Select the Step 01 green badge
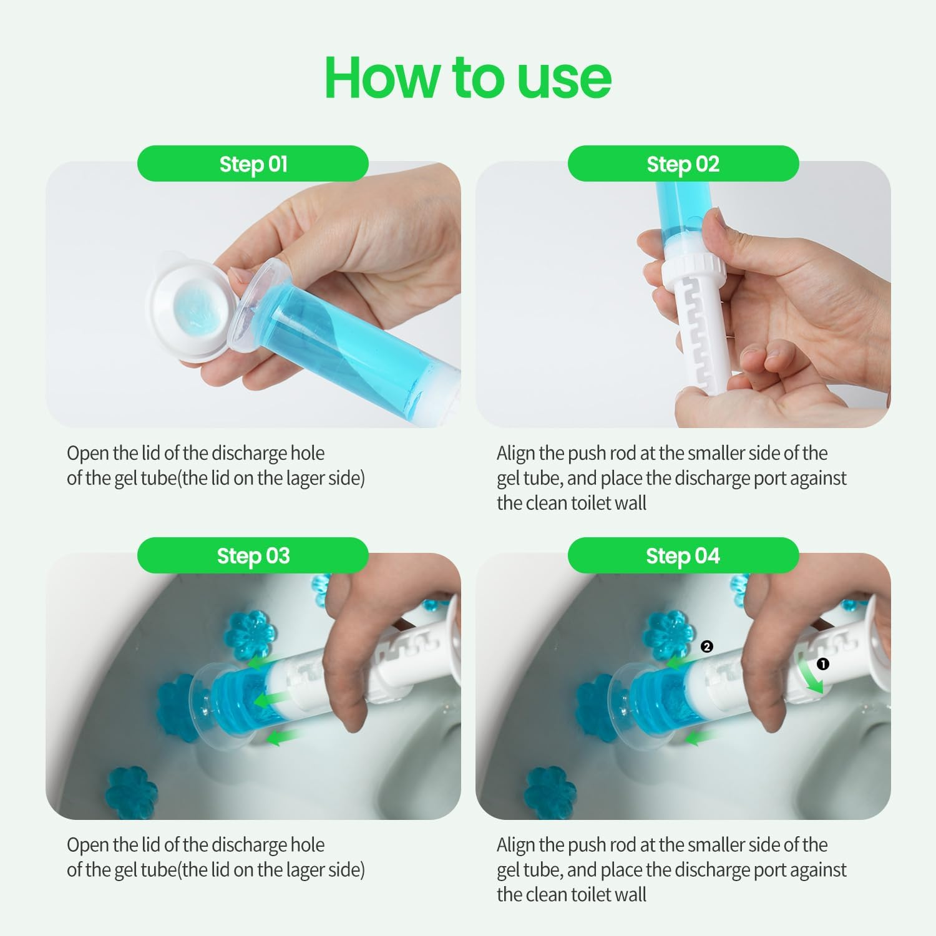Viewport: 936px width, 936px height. click(x=253, y=163)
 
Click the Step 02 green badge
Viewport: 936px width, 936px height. click(x=683, y=163)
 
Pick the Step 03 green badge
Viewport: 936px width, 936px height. click(x=253, y=555)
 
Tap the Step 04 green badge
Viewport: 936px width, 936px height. click(x=683, y=555)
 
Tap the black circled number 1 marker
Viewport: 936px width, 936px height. click(x=823, y=664)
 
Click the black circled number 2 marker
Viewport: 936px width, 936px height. click(x=706, y=646)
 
